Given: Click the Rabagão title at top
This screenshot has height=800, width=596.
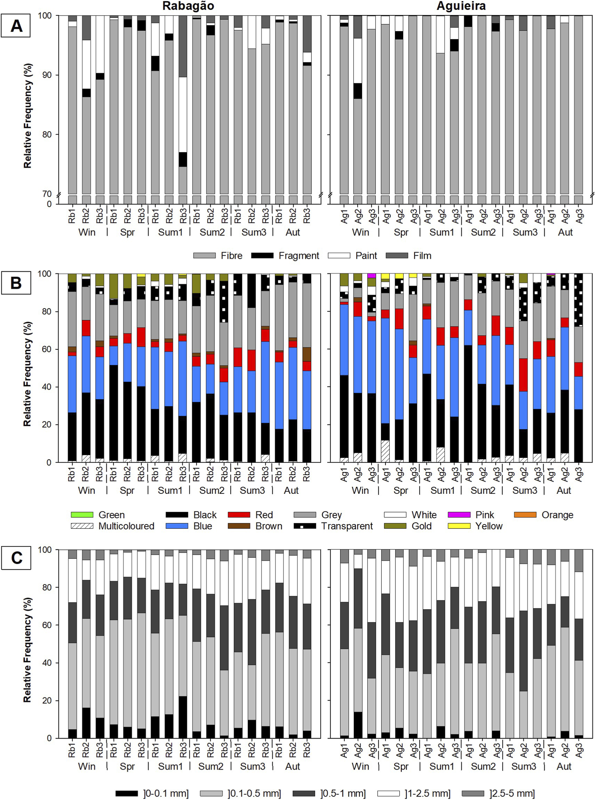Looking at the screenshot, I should [x=188, y=6].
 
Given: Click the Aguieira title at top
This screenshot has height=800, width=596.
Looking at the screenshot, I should [x=461, y=6].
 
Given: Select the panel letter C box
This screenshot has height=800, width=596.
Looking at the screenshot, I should [x=16, y=557].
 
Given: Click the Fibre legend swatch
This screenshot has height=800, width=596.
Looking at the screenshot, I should [x=204, y=255].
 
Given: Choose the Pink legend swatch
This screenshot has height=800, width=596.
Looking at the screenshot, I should [x=459, y=515].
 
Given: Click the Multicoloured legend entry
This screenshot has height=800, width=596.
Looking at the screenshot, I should [x=113, y=526].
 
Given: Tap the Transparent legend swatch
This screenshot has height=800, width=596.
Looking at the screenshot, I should [x=305, y=526].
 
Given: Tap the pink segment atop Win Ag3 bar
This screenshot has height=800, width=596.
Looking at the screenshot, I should [x=372, y=276].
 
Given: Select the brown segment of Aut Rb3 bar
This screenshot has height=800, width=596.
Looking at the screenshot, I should [x=306, y=354].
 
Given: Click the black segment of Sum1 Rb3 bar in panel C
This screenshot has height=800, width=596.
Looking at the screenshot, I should [x=183, y=717].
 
